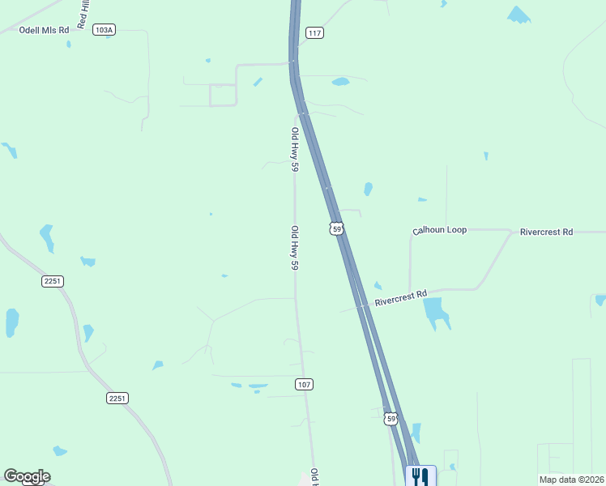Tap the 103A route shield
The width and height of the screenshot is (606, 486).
(x=104, y=30)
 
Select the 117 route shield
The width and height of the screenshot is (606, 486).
(x=315, y=32)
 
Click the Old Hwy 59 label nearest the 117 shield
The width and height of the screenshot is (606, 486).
(x=296, y=150)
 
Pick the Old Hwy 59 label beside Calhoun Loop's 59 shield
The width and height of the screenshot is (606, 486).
(x=295, y=248)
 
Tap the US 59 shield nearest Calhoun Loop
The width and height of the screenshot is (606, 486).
(x=336, y=229)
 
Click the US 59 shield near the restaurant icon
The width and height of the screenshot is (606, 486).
(x=391, y=419)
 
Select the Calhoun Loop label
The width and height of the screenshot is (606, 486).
(x=440, y=231)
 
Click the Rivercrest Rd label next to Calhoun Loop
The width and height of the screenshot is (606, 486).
(x=546, y=232)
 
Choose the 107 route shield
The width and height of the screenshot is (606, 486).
(x=304, y=384)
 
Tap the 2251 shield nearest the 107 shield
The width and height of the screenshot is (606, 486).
(x=117, y=399)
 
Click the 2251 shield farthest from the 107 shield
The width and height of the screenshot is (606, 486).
(x=53, y=281)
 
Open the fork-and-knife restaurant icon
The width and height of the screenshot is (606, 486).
(x=420, y=475)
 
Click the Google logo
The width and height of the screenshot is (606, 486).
(x=27, y=476)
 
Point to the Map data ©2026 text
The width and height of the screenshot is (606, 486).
(x=571, y=480)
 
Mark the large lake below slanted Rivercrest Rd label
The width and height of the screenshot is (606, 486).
(x=435, y=312)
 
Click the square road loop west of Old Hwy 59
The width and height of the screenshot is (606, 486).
(x=222, y=95)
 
